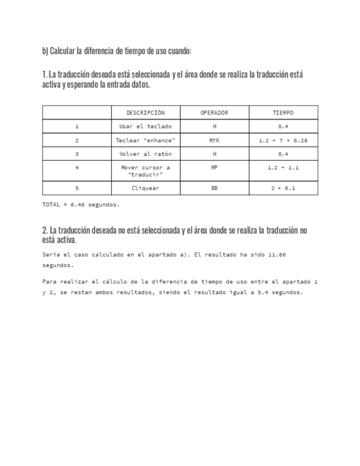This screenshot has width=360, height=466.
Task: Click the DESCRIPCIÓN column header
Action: (x=146, y=113)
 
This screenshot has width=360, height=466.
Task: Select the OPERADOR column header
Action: (x=214, y=113)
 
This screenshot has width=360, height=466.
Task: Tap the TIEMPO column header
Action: (x=283, y=113)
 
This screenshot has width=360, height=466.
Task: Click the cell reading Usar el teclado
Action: (x=146, y=126)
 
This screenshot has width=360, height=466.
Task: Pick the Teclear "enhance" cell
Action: (x=146, y=141)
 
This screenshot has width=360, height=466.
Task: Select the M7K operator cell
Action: (x=214, y=141)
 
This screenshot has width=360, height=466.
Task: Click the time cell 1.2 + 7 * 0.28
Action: (x=283, y=141)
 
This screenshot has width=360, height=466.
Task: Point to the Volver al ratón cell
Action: (x=146, y=154)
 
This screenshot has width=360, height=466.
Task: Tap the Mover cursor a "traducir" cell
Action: (x=146, y=171)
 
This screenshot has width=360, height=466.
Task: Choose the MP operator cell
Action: (x=214, y=167)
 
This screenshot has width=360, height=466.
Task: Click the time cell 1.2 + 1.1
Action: (x=283, y=167)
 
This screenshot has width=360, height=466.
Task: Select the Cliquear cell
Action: (x=146, y=188)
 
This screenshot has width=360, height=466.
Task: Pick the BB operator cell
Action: (x=214, y=188)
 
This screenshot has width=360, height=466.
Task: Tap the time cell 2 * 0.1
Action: (x=283, y=188)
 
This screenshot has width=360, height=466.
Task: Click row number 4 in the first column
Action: (x=77, y=167)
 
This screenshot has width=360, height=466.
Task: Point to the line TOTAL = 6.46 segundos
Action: (x=81, y=204)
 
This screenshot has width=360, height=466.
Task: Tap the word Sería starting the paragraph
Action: (x=51, y=255)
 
